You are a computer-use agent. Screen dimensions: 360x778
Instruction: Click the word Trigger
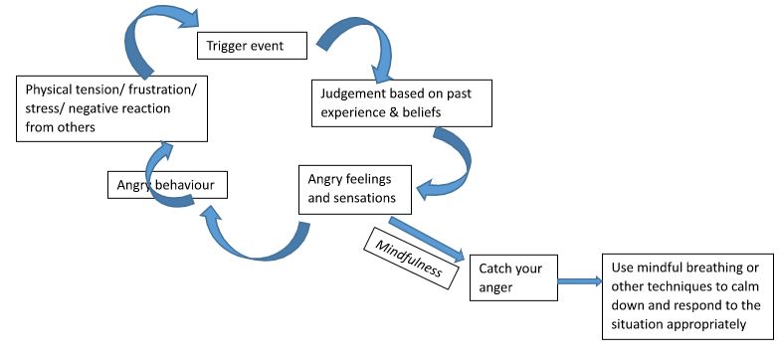227,46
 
